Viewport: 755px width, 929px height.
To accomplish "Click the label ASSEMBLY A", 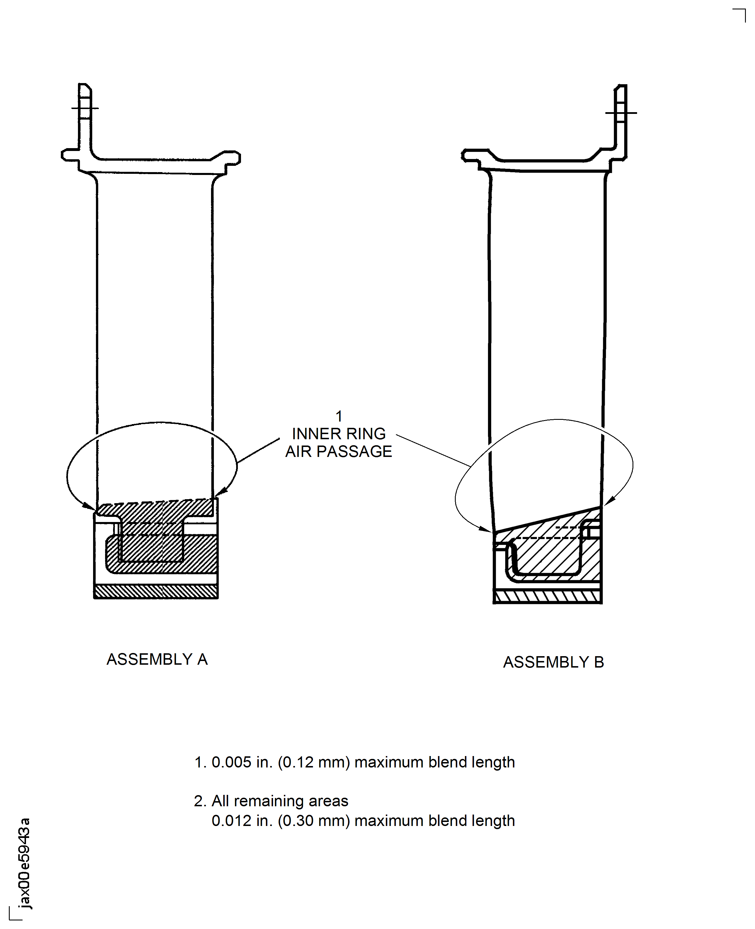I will (x=157, y=659).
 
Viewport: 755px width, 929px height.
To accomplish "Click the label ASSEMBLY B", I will (x=553, y=662).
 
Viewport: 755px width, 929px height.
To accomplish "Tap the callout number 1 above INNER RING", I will (x=339, y=416).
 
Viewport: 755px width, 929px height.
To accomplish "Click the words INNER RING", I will (x=338, y=434).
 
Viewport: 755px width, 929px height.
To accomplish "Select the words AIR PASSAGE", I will (x=338, y=451).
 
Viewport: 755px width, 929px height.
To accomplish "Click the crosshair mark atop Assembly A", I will (x=85, y=108).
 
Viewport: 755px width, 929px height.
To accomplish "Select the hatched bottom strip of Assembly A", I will (x=156, y=591).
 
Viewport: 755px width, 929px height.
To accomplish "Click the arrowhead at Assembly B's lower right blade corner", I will (x=609, y=502).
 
